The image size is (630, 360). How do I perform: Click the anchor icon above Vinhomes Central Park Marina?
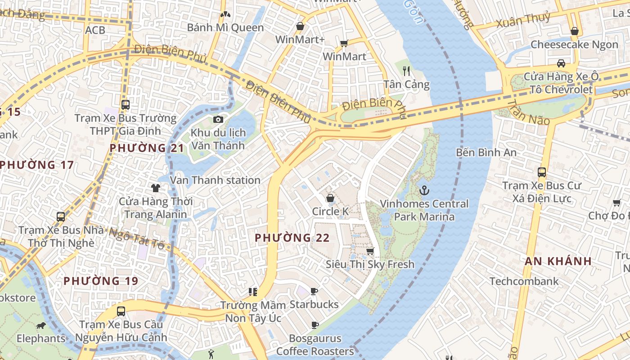click(424, 191)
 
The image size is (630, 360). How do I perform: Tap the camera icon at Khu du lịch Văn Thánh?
click(218, 119)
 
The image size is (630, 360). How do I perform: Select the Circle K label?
click(330, 211)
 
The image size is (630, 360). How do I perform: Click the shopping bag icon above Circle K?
click(330, 198)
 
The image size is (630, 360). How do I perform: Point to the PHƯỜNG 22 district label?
click(292, 238)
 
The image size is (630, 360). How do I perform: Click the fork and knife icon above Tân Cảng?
click(406, 71)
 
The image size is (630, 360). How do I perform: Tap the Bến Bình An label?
click(486, 153)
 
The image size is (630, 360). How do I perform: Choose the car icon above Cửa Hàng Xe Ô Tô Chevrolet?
click(561, 63)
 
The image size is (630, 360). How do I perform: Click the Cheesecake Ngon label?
click(574, 45)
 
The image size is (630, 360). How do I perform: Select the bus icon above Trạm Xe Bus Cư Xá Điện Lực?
click(542, 172)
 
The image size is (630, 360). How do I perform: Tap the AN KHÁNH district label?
click(558, 261)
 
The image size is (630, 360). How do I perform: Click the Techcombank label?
click(524, 282)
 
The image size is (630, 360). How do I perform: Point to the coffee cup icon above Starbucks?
click(314, 292)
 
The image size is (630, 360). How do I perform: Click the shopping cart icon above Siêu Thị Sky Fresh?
click(370, 251)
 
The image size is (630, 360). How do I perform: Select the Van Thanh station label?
click(215, 180)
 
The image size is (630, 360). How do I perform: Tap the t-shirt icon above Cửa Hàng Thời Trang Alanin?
click(156, 188)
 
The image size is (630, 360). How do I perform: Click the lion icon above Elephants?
click(41, 325)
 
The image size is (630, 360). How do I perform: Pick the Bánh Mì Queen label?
click(225, 28)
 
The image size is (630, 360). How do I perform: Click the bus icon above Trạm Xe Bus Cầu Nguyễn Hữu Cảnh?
click(121, 311)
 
